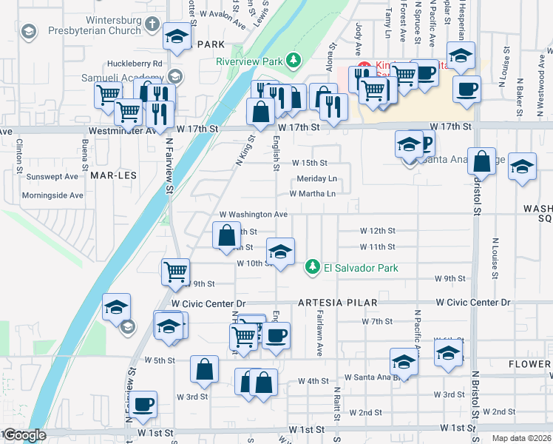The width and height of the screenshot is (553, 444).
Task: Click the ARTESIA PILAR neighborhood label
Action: (338, 303)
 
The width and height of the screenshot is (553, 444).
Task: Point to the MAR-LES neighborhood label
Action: (111, 175)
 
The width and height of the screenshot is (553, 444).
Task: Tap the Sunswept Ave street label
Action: (52, 177)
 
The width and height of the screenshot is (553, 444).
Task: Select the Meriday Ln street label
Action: (316, 179)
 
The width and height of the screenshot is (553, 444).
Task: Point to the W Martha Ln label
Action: (312, 194)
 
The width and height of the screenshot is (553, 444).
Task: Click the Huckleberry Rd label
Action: (134, 64)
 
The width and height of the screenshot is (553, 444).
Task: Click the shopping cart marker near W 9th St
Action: (176, 271)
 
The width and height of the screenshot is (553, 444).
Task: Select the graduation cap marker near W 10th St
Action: (280, 252)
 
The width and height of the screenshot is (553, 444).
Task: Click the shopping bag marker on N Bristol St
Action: (481, 161)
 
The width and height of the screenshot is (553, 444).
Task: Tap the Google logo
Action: (25, 435)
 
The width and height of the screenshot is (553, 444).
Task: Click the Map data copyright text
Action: (521, 437)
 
